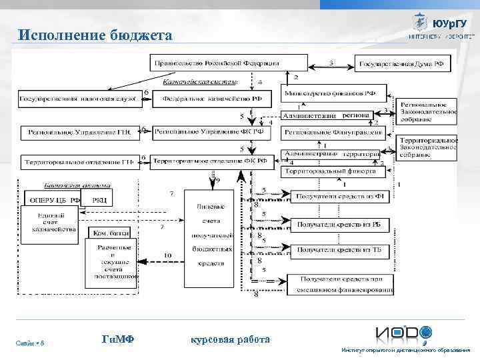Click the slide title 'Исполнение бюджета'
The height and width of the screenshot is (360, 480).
[x=95, y=35]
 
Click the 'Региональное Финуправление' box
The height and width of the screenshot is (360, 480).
[x=329, y=133]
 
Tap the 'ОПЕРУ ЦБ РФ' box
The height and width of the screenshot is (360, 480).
[x=52, y=199]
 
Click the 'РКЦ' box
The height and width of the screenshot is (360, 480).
[x=100, y=199]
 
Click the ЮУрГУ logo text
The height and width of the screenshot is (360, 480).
[x=445, y=24]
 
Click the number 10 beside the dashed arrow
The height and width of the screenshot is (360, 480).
[x=167, y=255]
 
